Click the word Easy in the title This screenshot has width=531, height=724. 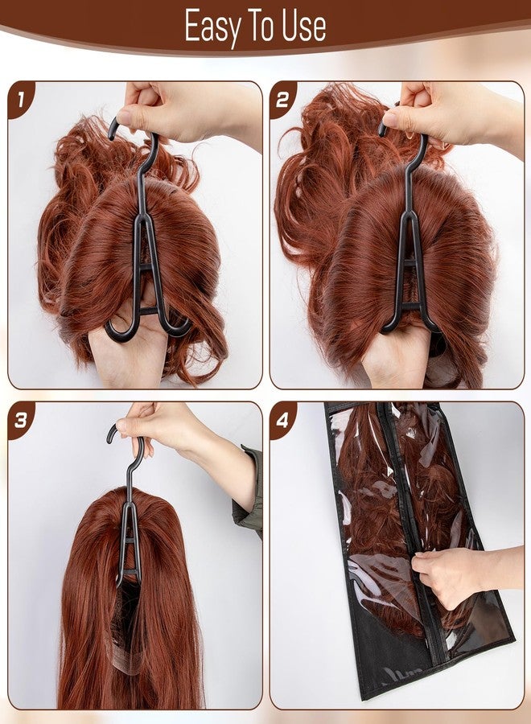tap(212, 27)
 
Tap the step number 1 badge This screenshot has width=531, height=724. tap(21, 99)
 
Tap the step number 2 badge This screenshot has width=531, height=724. tap(282, 99)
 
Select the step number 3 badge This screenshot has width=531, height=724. tap(21, 420)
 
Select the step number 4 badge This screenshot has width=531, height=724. tap(282, 420)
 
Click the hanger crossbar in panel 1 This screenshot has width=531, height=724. tap(146, 267)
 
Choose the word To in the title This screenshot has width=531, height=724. tap(261, 26)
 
